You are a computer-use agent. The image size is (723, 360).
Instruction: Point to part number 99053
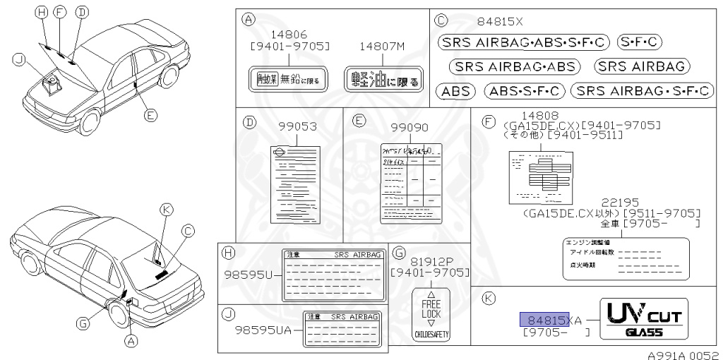coord(298,128)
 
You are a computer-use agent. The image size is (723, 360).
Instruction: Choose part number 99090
coord(410,128)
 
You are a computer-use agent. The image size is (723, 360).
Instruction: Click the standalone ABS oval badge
coord(457,90)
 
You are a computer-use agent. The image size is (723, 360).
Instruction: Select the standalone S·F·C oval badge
coord(638,42)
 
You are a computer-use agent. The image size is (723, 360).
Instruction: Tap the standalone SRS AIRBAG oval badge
coord(641,66)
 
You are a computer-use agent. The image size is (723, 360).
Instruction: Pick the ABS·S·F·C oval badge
coord(525,90)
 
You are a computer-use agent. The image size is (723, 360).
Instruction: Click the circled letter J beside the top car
coord(18,61)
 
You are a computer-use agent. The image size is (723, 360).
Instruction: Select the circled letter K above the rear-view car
coord(166,209)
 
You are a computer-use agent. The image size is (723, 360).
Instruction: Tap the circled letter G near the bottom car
coord(83,323)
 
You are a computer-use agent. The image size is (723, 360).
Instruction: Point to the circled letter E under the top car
coord(149,115)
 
